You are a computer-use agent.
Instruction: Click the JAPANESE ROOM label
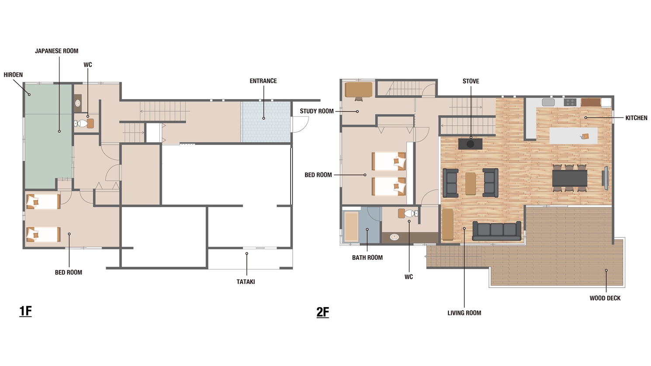(57, 51)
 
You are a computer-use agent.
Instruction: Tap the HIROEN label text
(13, 75)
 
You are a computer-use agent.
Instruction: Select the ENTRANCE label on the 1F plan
(263, 81)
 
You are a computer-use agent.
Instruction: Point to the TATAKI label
(246, 282)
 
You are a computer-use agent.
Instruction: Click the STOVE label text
(471, 81)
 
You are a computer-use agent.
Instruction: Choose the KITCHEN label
(636, 118)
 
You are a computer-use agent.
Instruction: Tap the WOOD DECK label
(605, 298)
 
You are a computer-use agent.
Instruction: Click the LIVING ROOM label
(464, 313)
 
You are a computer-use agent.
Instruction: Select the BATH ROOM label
(367, 258)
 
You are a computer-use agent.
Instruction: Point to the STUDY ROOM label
(317, 111)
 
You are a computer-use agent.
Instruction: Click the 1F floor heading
(26, 311)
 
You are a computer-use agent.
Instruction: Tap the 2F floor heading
(322, 312)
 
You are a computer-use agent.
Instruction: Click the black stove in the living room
(470, 144)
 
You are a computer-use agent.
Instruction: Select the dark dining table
(570, 178)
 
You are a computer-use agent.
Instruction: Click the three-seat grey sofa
(497, 231)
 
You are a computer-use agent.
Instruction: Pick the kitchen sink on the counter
(548, 102)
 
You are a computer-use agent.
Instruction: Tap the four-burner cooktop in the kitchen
(570, 102)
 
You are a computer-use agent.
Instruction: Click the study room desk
(359, 90)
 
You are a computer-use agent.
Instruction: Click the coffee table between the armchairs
(471, 184)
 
